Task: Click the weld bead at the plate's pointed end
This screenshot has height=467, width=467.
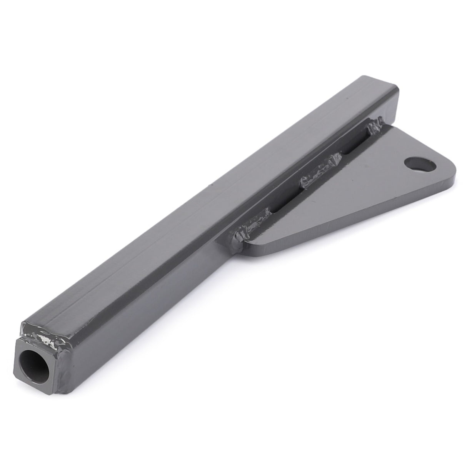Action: coord(250,230)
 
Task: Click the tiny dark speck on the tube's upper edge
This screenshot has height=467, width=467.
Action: coord(210,186)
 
